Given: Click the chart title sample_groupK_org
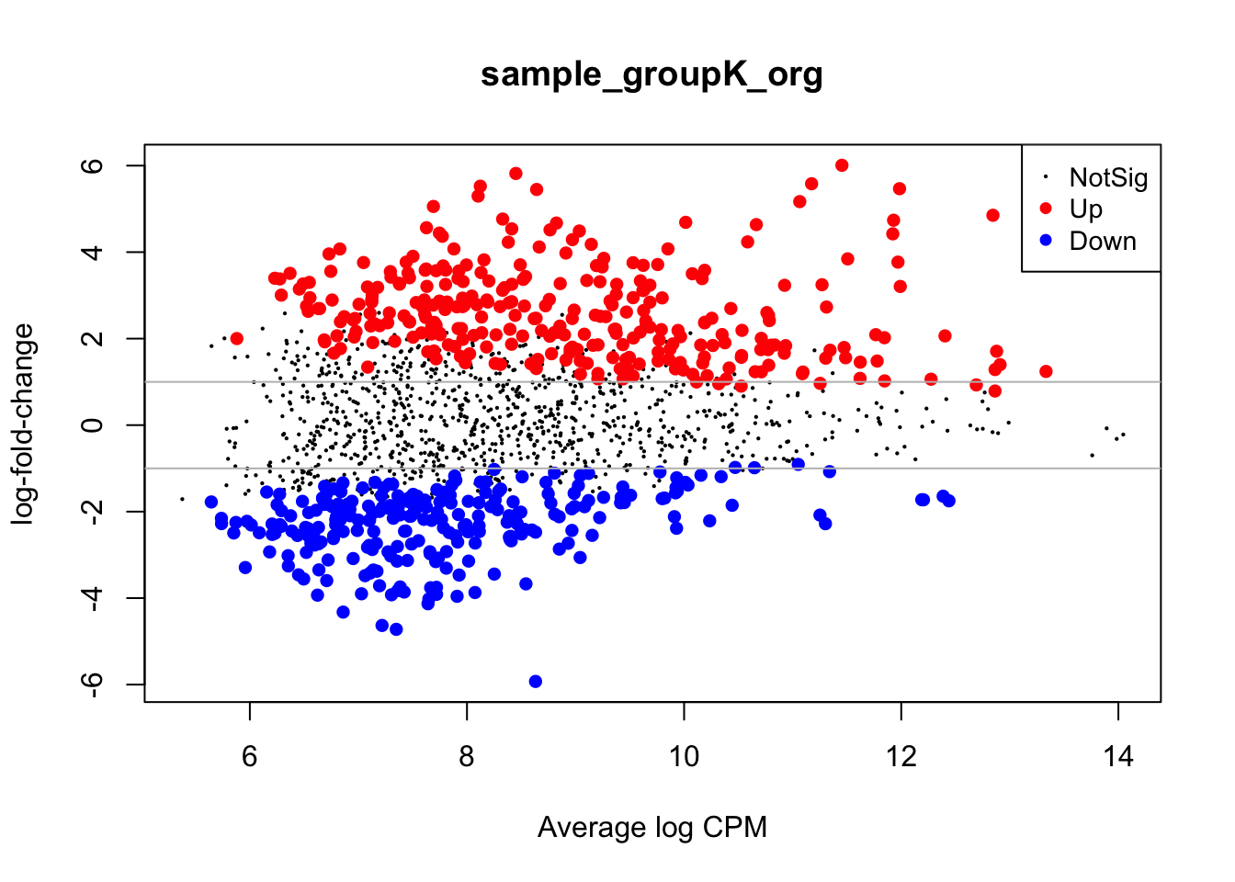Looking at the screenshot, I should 651,74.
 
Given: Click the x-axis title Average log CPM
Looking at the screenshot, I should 651,827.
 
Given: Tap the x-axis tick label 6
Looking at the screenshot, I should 249,757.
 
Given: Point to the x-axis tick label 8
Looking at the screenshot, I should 467,757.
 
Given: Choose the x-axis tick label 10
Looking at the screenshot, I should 684,757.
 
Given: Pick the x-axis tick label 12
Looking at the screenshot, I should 901,757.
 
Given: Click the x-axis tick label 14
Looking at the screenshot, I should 1118,757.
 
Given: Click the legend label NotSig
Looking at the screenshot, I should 1108,178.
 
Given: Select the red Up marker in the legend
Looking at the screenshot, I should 1045,209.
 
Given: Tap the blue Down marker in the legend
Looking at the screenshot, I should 1045,241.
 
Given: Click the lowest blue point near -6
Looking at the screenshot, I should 536,682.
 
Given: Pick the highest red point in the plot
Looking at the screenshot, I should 842,165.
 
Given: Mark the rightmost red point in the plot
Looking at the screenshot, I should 1046,371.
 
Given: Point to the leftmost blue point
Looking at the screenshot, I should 211,502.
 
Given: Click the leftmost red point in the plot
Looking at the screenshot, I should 237,338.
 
